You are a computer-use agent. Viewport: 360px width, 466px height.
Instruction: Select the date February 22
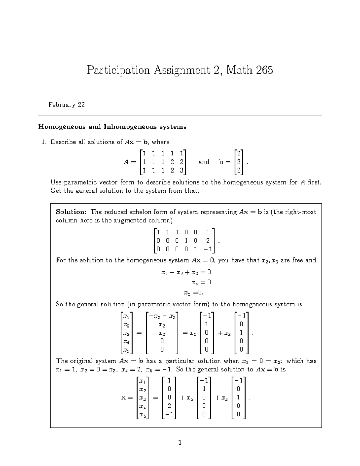pyautogui.click(x=67, y=105)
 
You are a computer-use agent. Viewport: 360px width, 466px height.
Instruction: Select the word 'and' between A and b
pyautogui.click(x=204, y=162)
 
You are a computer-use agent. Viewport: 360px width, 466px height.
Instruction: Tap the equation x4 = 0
pyautogui.click(x=201, y=282)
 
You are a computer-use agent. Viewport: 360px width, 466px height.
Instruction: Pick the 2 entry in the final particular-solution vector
pyautogui.click(x=169, y=406)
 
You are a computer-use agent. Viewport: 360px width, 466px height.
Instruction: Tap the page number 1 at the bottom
pyautogui.click(x=180, y=443)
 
